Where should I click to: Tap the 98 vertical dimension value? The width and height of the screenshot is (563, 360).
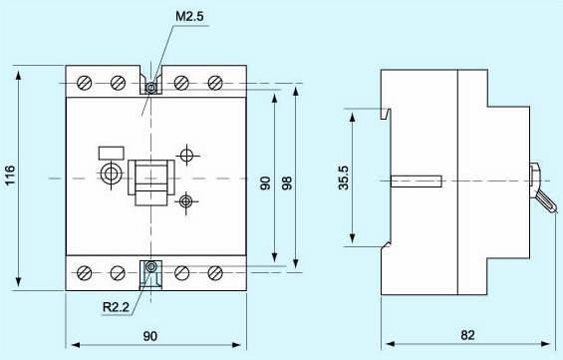[287, 183]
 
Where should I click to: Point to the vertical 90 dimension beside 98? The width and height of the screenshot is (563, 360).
[264, 183]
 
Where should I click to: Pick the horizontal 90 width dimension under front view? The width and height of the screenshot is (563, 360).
[149, 337]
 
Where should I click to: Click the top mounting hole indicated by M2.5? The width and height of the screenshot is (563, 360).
[150, 88]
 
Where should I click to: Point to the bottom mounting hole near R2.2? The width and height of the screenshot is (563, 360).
[150, 267]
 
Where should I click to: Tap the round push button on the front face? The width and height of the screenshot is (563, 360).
[110, 177]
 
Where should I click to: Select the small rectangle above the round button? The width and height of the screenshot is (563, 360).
[110, 154]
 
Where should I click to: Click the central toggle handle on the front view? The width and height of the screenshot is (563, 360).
[150, 180]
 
